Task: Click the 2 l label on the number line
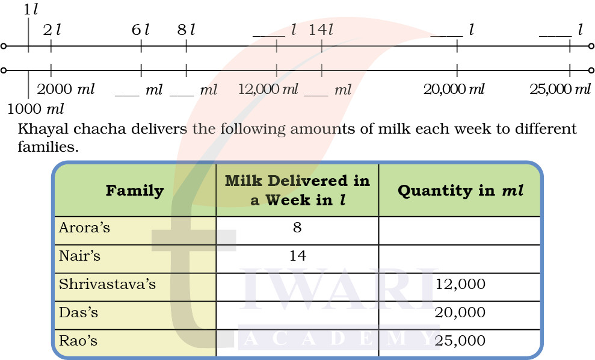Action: click(x=52, y=29)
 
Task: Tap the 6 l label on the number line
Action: click(x=140, y=29)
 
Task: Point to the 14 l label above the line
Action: click(x=321, y=29)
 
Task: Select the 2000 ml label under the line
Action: click(x=66, y=90)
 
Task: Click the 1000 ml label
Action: click(x=35, y=109)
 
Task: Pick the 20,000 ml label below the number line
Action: click(x=454, y=90)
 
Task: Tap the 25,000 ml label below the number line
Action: click(x=560, y=90)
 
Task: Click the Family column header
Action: click(x=135, y=191)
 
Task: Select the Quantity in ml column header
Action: click(x=460, y=191)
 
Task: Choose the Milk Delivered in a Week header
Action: click(x=297, y=191)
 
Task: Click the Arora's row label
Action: click(x=85, y=228)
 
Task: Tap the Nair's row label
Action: click(x=79, y=256)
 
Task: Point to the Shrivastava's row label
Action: click(x=107, y=284)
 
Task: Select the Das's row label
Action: click(x=78, y=312)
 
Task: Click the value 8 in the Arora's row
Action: click(x=297, y=228)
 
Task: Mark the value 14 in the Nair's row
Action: click(x=297, y=256)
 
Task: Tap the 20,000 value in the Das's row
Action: click(x=460, y=312)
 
